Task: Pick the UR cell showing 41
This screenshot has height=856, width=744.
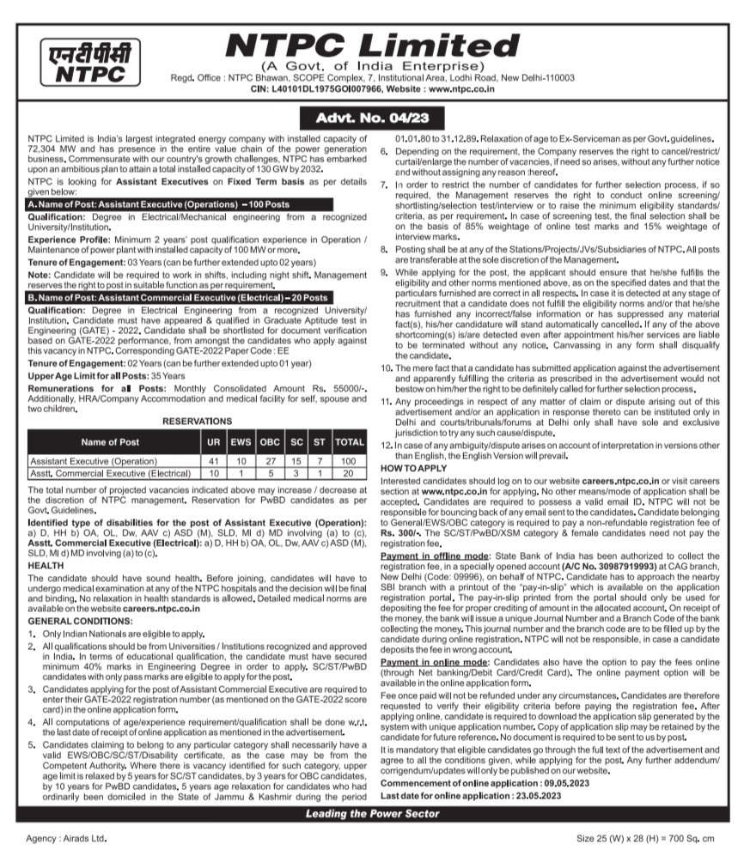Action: pos(215,460)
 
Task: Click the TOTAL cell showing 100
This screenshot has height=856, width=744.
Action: pos(350,460)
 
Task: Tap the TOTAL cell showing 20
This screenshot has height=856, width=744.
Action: pos(350,473)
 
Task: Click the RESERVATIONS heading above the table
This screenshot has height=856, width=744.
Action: pos(197,422)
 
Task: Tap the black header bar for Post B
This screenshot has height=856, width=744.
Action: pos(179,296)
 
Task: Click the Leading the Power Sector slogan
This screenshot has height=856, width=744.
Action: pos(370,813)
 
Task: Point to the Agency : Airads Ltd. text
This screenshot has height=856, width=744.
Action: pos(66,837)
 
